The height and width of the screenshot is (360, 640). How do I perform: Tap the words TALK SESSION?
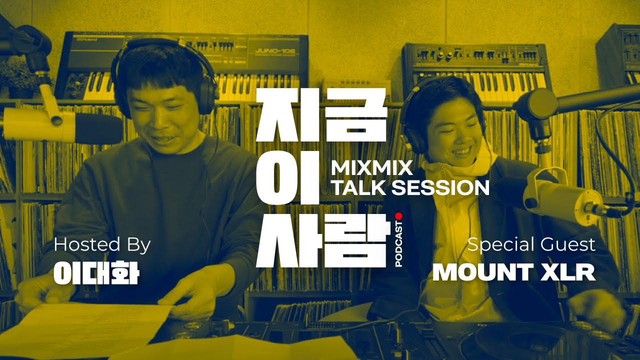(410, 187)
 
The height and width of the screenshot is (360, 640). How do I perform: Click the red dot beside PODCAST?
(398, 216)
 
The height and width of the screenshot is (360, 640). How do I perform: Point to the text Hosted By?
(102, 245)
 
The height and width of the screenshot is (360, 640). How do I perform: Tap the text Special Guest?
(531, 245)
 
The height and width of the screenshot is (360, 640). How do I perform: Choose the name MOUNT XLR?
(514, 272)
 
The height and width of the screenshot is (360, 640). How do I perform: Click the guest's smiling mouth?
(461, 150)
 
